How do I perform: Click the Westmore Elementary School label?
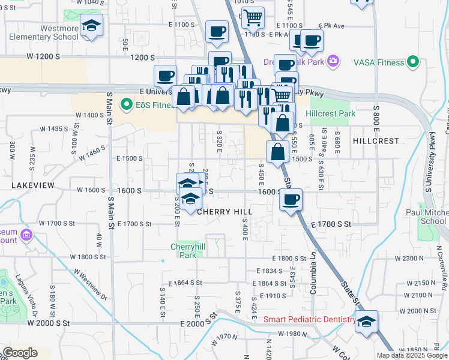[x=43, y=32]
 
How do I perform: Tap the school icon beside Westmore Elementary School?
[x=91, y=26]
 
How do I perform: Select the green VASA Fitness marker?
[x=412, y=61]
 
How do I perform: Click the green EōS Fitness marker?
[x=126, y=104]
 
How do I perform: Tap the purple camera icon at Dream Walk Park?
[x=334, y=61]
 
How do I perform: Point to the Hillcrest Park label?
[x=330, y=113]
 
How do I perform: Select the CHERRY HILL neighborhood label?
[x=223, y=212]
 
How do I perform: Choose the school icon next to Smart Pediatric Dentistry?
[x=366, y=322]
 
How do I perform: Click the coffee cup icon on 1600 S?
[x=291, y=200]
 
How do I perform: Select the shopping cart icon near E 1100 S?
[x=253, y=17]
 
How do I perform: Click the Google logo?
[x=19, y=353]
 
